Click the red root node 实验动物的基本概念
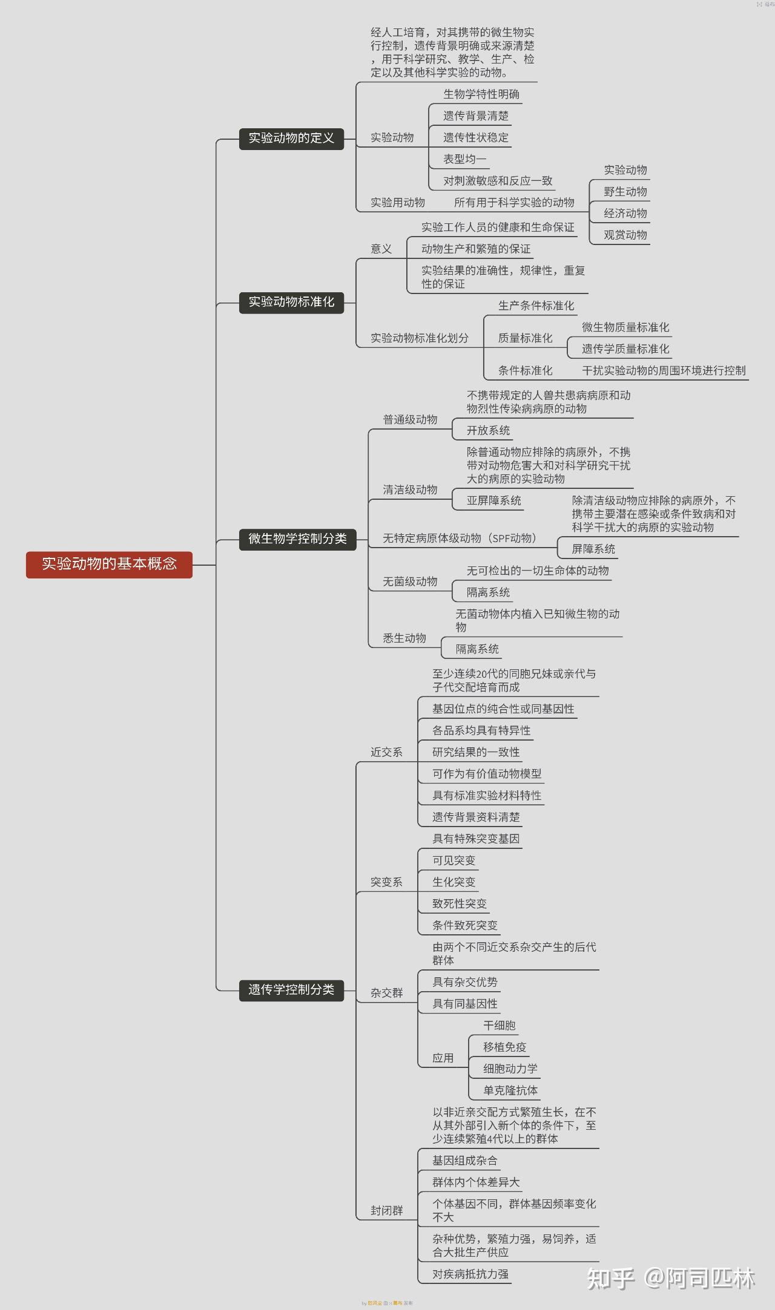(109, 564)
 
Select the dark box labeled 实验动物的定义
(291, 139)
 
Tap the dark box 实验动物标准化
(291, 302)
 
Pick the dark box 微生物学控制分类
(297, 539)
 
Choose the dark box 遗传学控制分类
(291, 990)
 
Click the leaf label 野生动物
(625, 192)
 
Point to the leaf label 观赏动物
(625, 235)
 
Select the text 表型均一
(464, 159)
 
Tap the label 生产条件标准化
(536, 306)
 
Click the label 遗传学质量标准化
(625, 349)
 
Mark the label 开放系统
(488, 430)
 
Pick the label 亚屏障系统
(493, 500)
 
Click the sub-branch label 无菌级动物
(410, 581)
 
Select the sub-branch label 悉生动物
(404, 638)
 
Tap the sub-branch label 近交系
(386, 752)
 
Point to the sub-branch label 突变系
(386, 882)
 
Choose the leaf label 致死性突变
(460, 904)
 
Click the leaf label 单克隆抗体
(510, 1090)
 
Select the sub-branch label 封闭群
(386, 1210)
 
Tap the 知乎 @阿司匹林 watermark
(671, 1277)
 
